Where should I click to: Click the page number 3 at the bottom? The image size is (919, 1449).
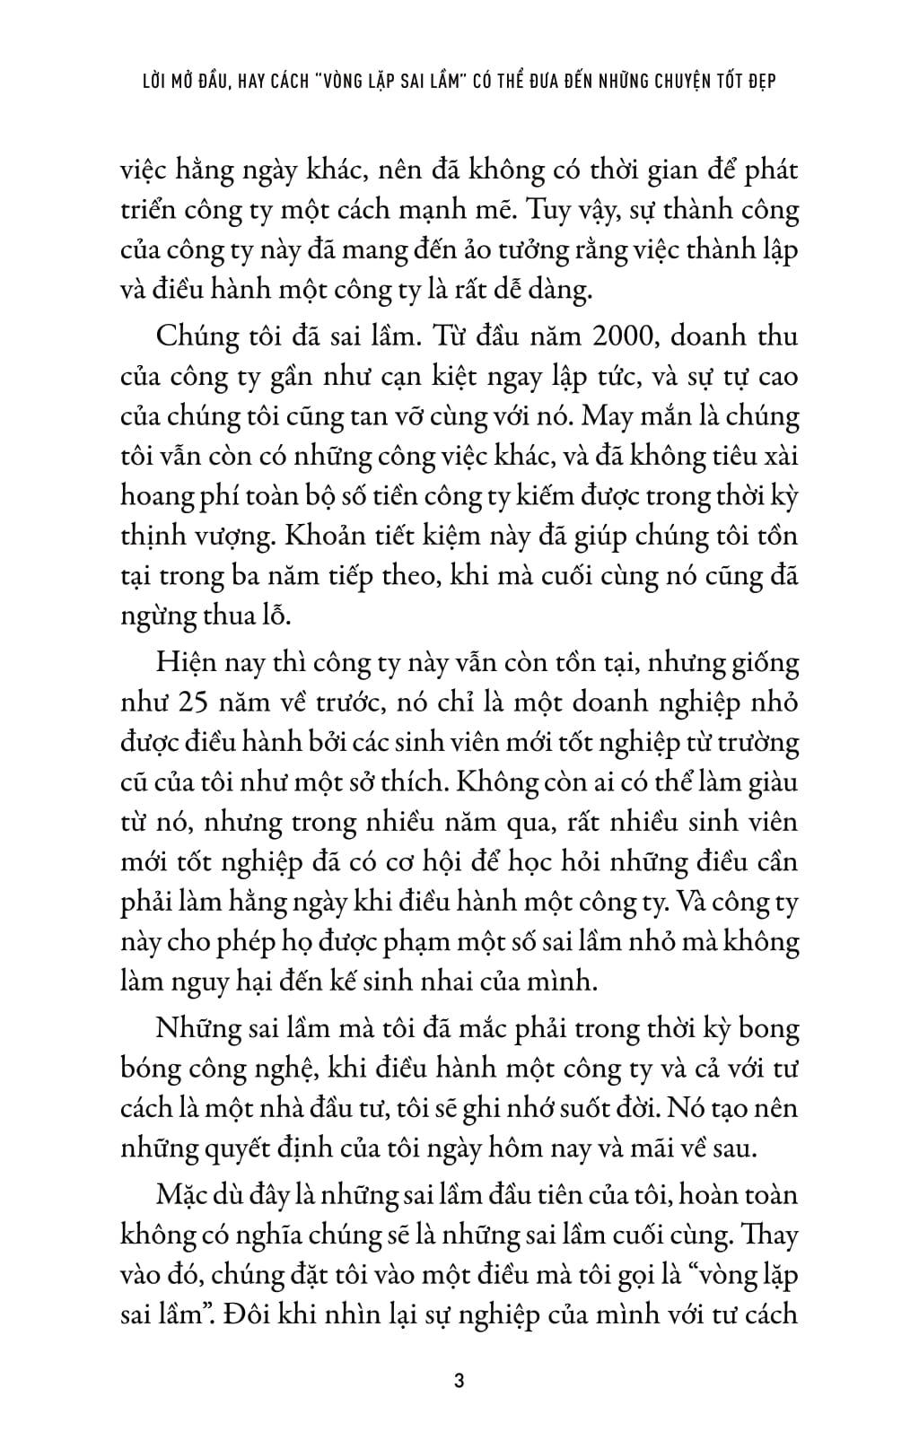(x=459, y=1382)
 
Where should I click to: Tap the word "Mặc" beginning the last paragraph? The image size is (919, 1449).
(x=184, y=1196)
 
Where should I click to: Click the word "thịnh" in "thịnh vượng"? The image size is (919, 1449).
(x=153, y=537)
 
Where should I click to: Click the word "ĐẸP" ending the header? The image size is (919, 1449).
(x=758, y=81)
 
